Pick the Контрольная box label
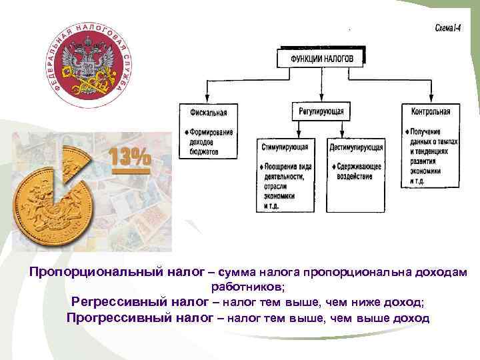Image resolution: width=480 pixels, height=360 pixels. coord(431,111)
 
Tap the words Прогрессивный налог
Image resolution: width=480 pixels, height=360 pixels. coord(141,317)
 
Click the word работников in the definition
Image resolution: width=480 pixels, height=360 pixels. coord(247,287)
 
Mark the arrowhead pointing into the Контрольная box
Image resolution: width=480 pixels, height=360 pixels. coord(431,99)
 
